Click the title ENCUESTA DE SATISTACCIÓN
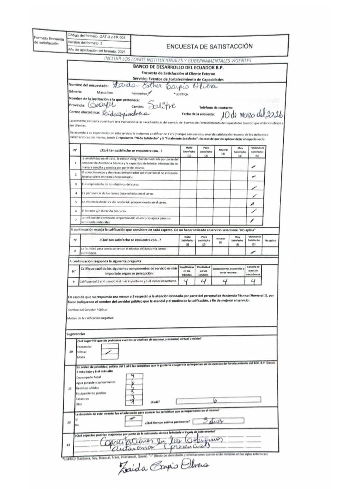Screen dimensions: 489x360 tap(209, 47)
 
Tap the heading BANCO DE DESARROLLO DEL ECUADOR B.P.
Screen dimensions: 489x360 tap(178, 67)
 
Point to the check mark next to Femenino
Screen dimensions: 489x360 tap(150, 93)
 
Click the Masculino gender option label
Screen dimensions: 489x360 tap(105, 93)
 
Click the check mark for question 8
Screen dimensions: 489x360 tap(253, 252)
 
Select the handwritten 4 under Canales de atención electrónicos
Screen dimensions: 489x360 tap(253, 281)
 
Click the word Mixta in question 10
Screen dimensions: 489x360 tap(81, 357)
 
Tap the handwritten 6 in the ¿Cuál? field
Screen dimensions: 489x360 tap(215, 400)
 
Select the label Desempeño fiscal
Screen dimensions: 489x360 tap(88, 377)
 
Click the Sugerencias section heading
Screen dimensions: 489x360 tap(76, 334)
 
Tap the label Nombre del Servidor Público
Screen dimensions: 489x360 tap(87, 310)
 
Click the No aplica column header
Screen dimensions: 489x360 tap(270, 240)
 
